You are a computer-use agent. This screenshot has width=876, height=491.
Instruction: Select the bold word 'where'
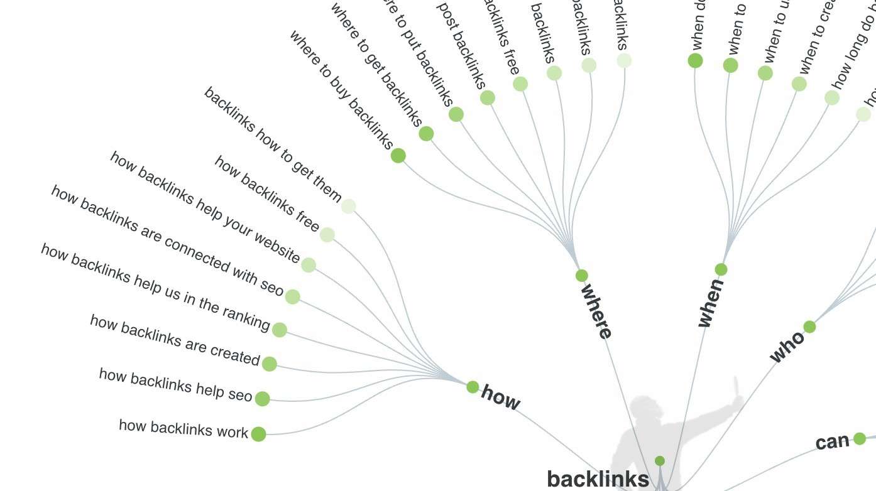(596, 311)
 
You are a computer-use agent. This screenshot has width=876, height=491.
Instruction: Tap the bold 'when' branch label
(711, 303)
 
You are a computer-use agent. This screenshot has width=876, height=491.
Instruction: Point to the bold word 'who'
(787, 347)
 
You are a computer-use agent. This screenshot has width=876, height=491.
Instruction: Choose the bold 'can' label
(832, 442)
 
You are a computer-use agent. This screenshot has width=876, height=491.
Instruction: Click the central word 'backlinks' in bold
(598, 479)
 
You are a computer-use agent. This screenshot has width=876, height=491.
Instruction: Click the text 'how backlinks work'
(183, 428)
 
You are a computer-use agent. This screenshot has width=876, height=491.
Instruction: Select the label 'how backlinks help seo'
(175, 385)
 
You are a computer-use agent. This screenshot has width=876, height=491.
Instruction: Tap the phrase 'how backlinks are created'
(174, 340)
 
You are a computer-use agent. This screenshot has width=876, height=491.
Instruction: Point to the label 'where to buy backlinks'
(341, 90)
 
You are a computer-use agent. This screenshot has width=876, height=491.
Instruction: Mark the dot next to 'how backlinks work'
(258, 434)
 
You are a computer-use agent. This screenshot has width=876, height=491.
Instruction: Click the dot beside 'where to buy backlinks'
(398, 156)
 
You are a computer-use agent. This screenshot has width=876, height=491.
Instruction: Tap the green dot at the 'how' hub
(473, 387)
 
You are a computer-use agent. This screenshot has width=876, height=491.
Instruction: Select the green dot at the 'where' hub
(582, 276)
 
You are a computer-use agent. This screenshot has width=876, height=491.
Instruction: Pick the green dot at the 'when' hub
(721, 270)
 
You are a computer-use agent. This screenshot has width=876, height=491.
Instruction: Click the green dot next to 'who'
(809, 326)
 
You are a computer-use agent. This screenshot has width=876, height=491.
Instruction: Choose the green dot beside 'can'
(860, 439)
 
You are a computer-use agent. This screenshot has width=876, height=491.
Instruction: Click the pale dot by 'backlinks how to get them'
(348, 206)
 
